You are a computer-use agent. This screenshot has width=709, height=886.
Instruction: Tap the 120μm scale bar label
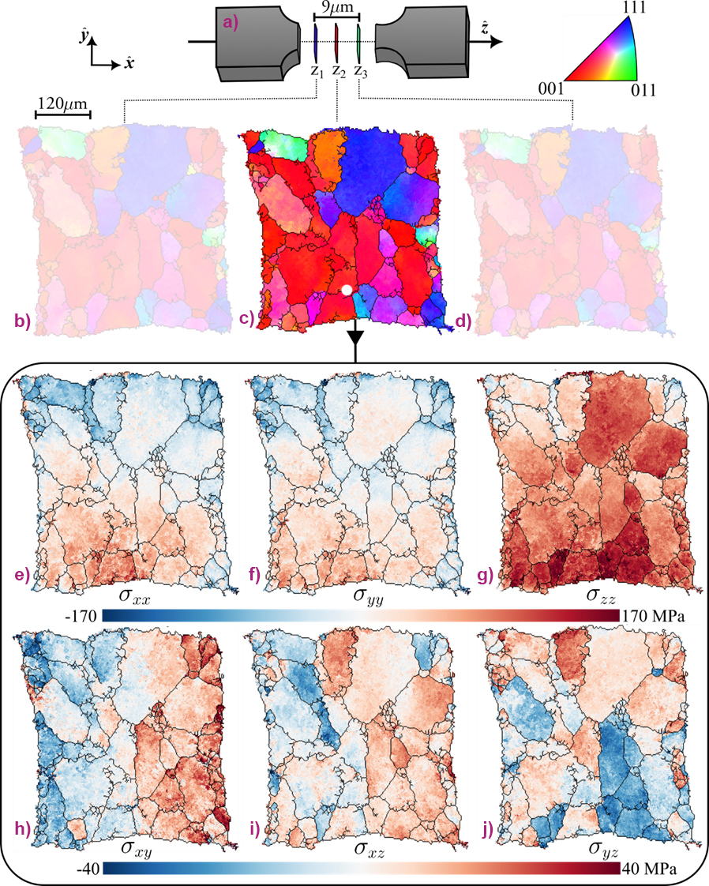[x=62, y=103]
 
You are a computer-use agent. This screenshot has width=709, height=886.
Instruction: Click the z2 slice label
[x=339, y=71]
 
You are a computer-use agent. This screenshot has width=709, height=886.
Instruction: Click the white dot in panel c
[x=346, y=291]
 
